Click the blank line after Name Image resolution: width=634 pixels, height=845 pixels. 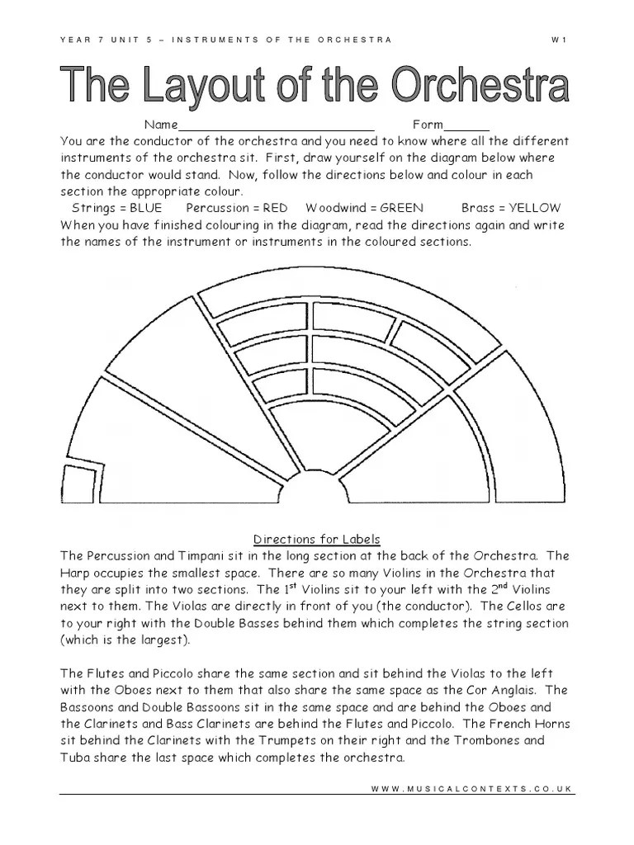277,126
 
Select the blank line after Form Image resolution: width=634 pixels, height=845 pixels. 466,126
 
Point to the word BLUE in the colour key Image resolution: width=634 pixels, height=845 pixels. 146,208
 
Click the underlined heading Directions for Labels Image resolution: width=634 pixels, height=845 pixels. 317,540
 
